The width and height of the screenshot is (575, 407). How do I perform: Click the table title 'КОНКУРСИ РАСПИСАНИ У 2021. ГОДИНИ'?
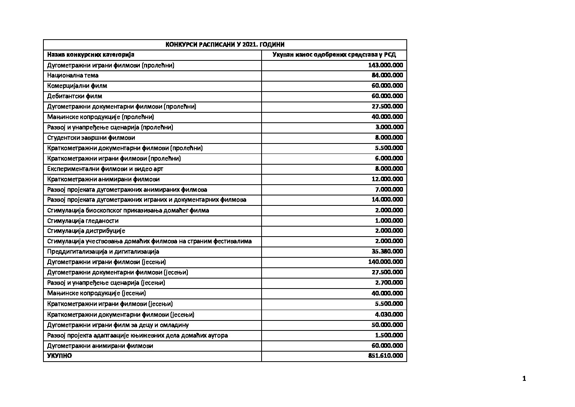click(x=225, y=45)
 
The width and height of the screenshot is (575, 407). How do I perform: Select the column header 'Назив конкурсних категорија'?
click(x=91, y=55)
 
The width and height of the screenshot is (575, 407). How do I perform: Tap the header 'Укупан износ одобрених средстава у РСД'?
click(x=334, y=55)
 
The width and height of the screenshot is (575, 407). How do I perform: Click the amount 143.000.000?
click(x=385, y=65)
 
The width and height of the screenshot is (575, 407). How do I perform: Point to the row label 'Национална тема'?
click(x=73, y=75)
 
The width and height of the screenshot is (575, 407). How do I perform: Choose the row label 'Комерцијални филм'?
click(x=77, y=86)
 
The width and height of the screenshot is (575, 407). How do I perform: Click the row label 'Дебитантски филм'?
click(x=75, y=96)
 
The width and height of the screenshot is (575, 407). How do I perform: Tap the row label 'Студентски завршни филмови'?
click(x=91, y=138)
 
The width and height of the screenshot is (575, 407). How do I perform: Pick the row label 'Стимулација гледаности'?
click(x=83, y=221)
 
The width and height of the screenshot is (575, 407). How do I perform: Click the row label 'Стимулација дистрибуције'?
click(x=86, y=231)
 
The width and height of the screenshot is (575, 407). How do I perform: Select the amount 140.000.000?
click(x=385, y=262)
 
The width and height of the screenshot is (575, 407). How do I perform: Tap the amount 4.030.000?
click(x=389, y=314)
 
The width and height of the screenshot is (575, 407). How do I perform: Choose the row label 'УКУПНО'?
click(x=59, y=356)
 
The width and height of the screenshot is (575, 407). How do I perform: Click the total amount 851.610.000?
click(x=385, y=356)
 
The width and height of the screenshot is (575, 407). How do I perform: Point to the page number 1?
click(x=524, y=379)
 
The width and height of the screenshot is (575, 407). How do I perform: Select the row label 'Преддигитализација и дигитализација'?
click(x=103, y=252)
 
